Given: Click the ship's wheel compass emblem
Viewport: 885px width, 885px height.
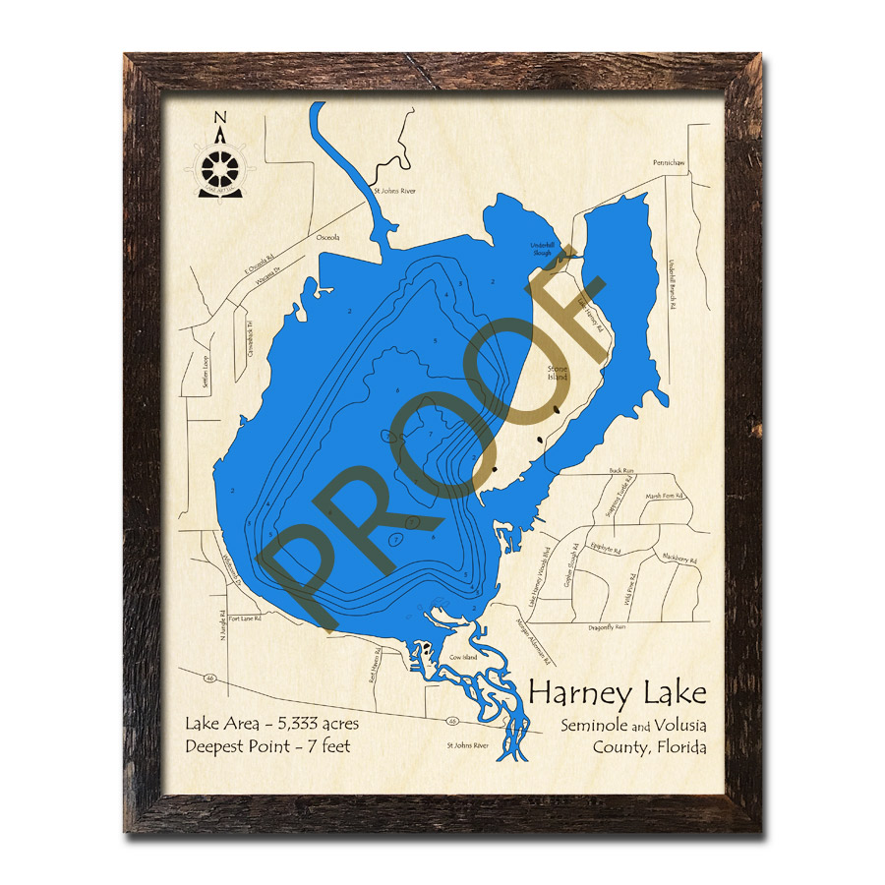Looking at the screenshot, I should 219,165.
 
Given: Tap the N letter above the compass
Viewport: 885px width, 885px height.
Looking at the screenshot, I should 220,121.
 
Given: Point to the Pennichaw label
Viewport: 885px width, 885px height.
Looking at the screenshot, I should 666,162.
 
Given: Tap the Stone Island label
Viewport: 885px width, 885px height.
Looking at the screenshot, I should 559,373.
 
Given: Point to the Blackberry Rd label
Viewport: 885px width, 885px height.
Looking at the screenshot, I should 679,560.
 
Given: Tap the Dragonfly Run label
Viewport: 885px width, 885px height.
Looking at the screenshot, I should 608,626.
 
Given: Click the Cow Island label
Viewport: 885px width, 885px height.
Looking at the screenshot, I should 463,656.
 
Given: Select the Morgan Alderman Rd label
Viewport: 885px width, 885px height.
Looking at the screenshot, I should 534,643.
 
